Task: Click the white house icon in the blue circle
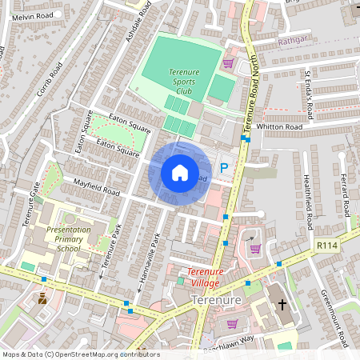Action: pyautogui.click(x=179, y=173)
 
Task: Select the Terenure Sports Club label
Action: pyautogui.click(x=184, y=81)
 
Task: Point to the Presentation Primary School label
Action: pyautogui.click(x=69, y=238)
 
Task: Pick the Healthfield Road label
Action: pyautogui.click(x=306, y=202)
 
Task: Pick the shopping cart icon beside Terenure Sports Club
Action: pyautogui.click(x=228, y=62)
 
